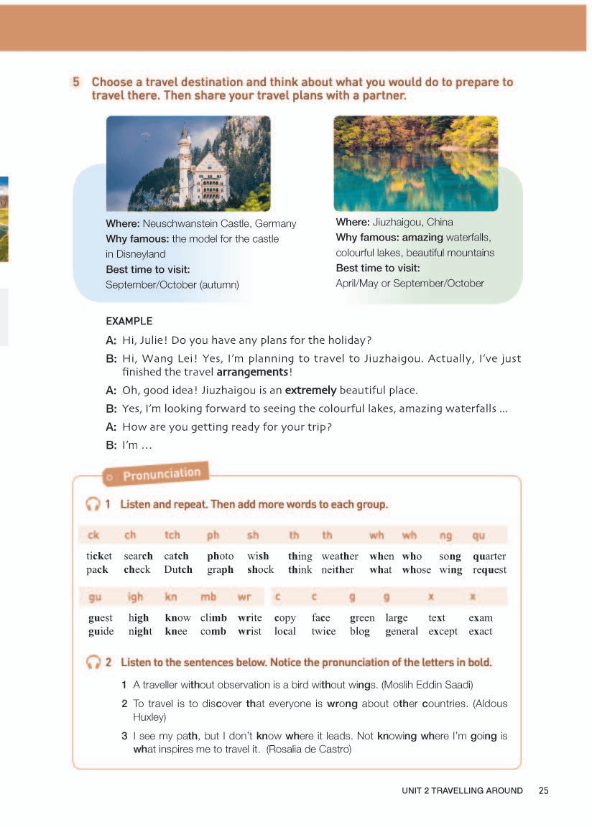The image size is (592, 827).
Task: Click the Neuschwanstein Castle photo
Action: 188,163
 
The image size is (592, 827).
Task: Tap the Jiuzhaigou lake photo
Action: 415,163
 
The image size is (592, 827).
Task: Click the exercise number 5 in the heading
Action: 76,83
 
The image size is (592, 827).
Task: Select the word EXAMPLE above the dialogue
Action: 129,321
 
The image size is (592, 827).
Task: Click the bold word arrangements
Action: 252,372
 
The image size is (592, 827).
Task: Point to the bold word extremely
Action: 310,391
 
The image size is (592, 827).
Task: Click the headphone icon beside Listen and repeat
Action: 92,504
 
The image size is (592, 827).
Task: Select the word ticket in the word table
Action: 99,556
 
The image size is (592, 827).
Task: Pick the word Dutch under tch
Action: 177,569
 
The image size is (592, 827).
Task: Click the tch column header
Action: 172,535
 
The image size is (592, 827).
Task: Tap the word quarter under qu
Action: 489,556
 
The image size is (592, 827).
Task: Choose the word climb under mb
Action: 213,617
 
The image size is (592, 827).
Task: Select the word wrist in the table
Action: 249,631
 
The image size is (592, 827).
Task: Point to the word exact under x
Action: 480,631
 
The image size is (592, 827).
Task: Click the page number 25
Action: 543,790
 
